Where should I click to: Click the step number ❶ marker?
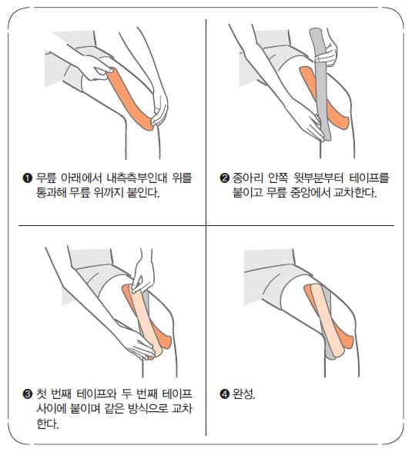[x=27, y=178]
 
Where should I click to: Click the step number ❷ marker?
[x=224, y=178]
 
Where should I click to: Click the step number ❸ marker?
[x=27, y=394]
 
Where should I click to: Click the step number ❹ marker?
[x=224, y=394]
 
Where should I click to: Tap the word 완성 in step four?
[x=243, y=394]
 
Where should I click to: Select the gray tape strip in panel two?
[x=320, y=84]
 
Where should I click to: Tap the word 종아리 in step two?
[x=248, y=178]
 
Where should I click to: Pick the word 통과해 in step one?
[x=51, y=192]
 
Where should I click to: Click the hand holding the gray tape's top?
[x=327, y=52]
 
